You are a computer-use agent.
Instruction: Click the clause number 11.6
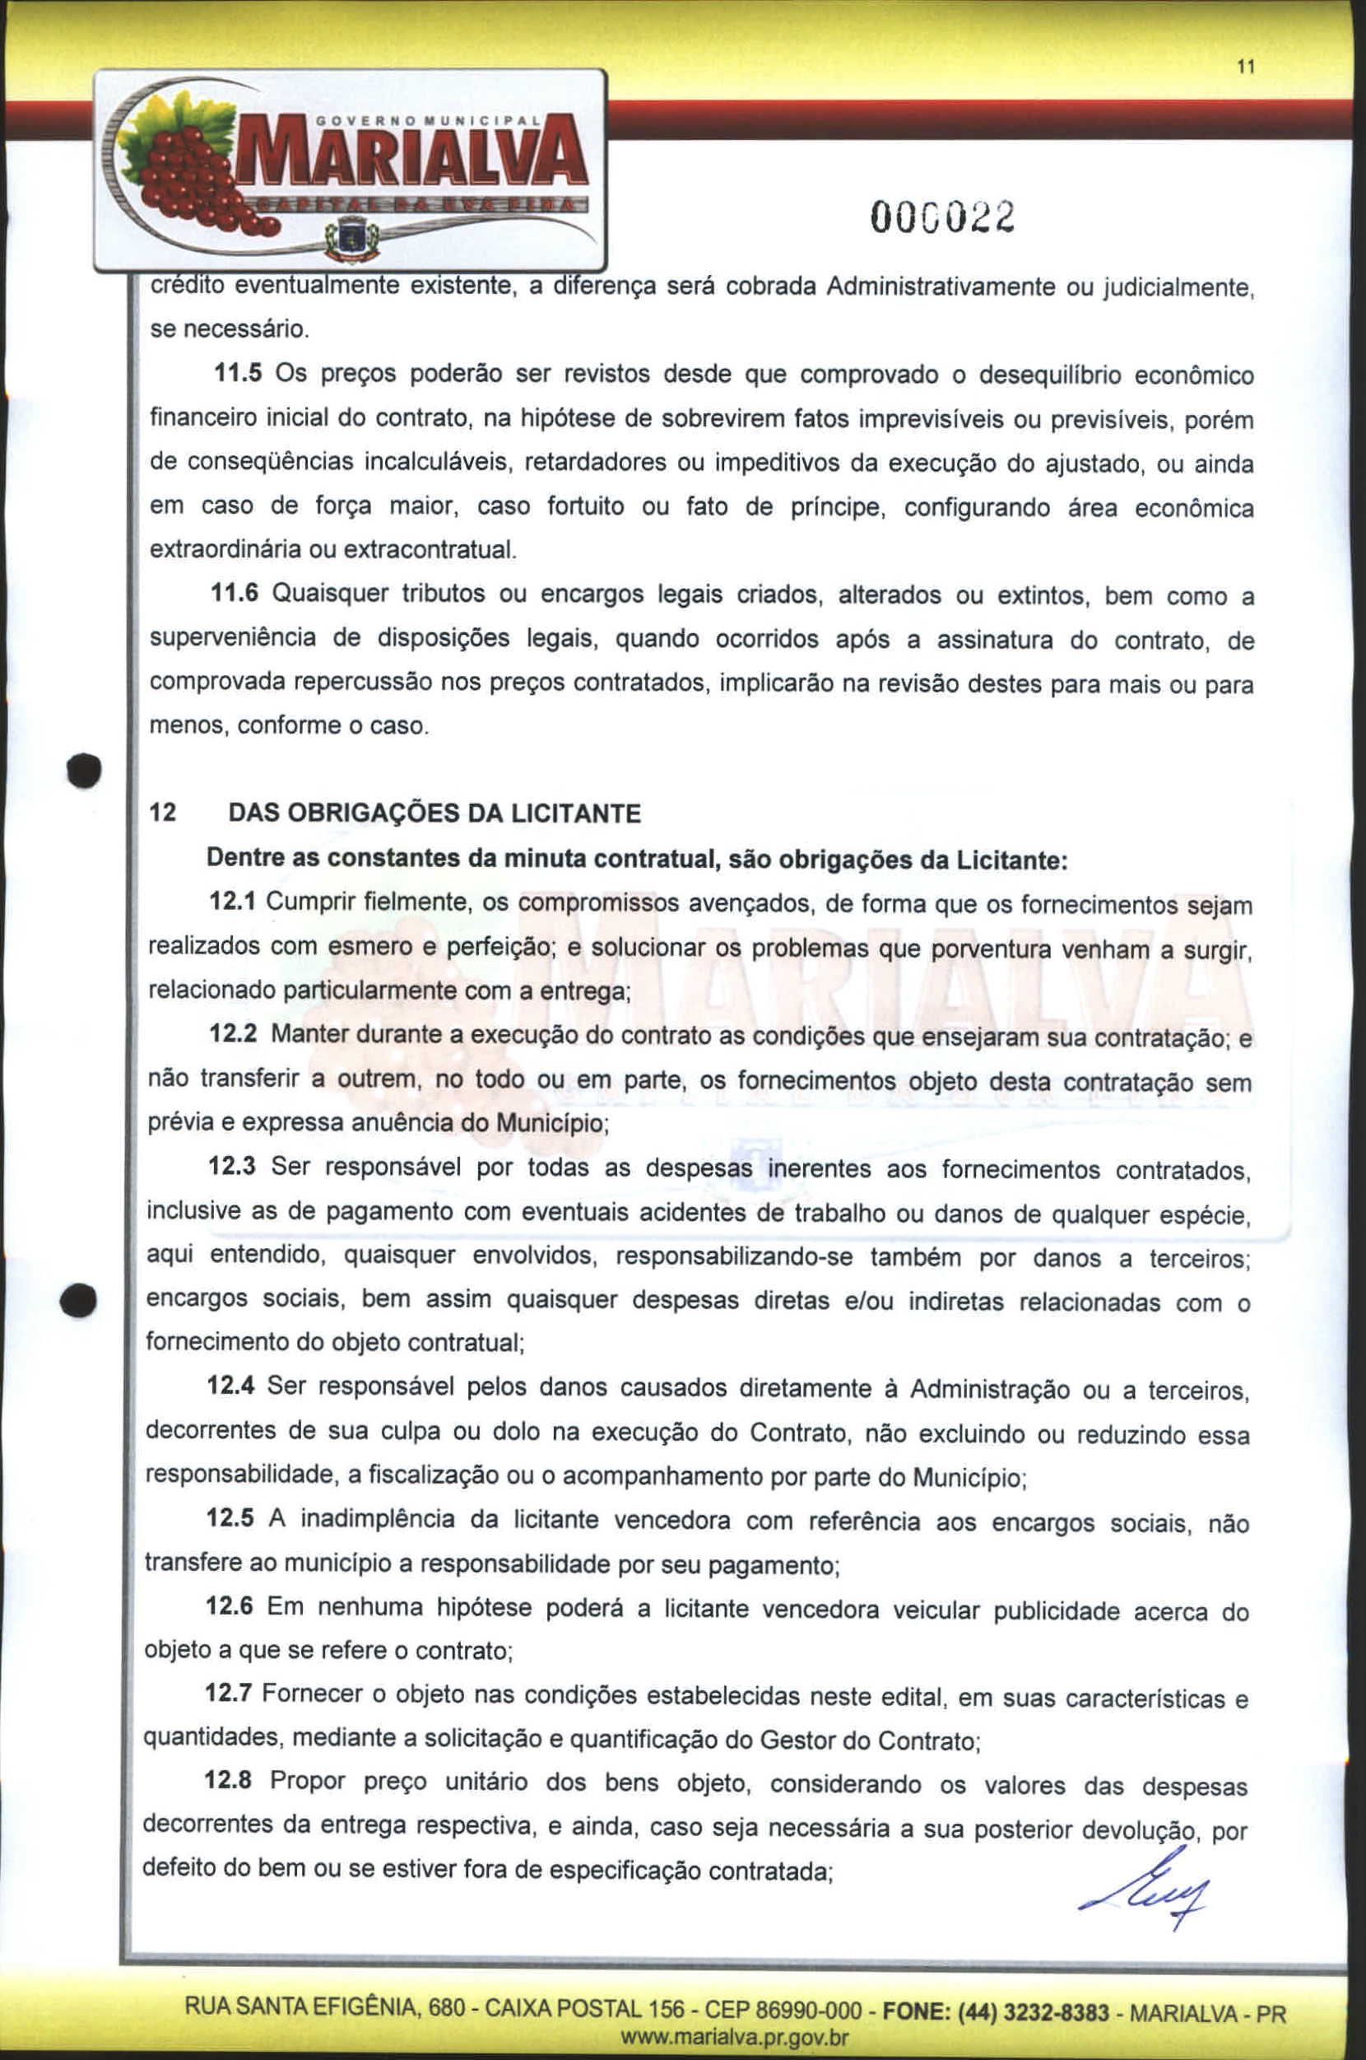click(x=235, y=594)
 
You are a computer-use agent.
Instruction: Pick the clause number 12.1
click(x=232, y=902)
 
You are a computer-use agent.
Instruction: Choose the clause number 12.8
click(x=228, y=1779)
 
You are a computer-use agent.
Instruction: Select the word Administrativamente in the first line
click(x=940, y=286)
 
